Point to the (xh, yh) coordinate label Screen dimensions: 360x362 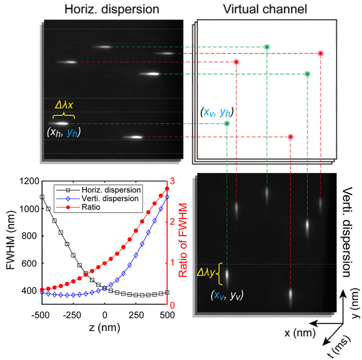point(63,134)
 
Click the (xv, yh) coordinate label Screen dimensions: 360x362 point(216,112)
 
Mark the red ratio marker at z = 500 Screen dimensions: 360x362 point(167,188)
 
